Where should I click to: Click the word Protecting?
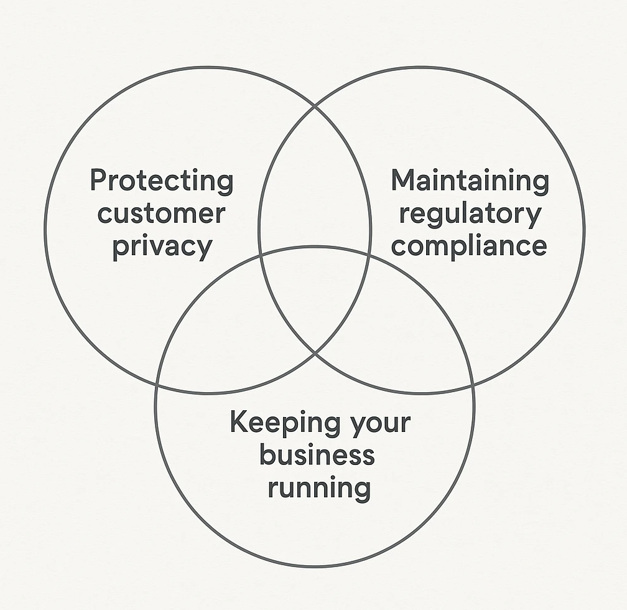[x=162, y=181]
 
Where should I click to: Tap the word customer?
[x=161, y=213]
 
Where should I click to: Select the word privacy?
[x=162, y=246]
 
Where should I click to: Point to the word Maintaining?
[x=470, y=181]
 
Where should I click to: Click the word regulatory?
[x=470, y=213]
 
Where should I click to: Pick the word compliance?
[x=469, y=245]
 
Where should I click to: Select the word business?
[x=317, y=455]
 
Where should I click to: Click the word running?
[x=318, y=487]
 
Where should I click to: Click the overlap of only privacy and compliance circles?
[x=315, y=187]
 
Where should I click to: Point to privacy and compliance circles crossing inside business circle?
[x=315, y=354]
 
